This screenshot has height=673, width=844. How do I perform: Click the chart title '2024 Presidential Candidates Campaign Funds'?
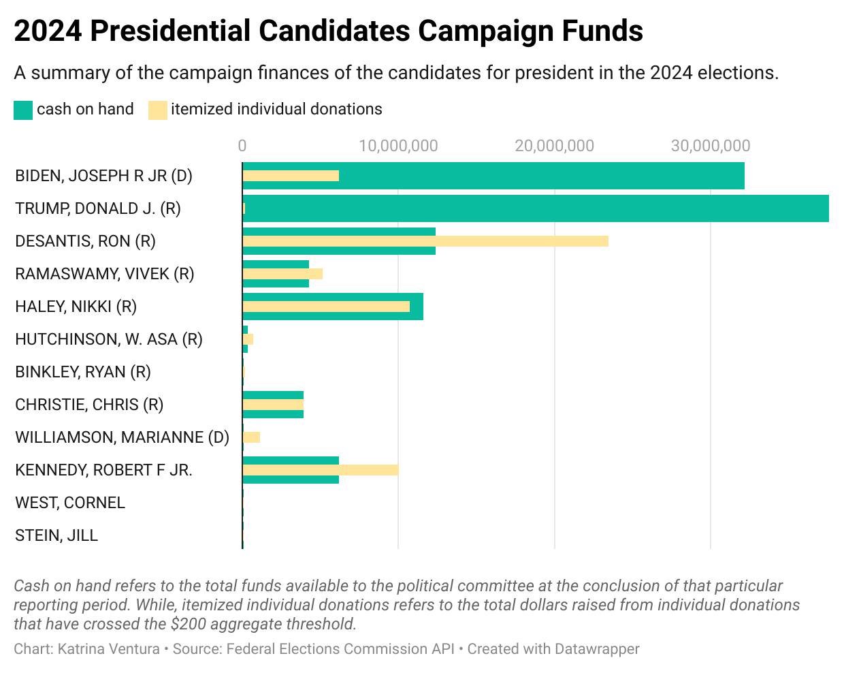[x=328, y=31]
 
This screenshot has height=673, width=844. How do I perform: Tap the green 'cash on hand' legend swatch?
[x=22, y=110]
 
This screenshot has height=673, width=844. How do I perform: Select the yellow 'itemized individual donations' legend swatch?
[x=157, y=110]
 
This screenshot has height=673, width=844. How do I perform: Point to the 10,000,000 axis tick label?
[x=398, y=146]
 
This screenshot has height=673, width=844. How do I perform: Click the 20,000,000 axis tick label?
[x=554, y=146]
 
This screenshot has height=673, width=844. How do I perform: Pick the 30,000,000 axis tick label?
[x=710, y=146]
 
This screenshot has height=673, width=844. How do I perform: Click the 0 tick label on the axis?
[x=242, y=146]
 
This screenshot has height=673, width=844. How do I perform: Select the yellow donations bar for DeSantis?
[x=425, y=241]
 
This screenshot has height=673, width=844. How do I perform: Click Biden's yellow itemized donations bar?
[x=291, y=176]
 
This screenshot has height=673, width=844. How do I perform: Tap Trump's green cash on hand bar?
[x=535, y=208]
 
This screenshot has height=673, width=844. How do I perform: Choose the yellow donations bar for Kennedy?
[x=320, y=470]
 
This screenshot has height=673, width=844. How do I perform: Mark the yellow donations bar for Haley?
[x=326, y=307]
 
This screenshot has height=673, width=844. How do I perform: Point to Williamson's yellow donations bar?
[x=251, y=437]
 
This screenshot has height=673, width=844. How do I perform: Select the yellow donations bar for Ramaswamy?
[x=282, y=274]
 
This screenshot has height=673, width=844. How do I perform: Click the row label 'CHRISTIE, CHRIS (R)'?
[x=89, y=405]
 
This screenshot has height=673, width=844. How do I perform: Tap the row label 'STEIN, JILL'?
[x=56, y=535]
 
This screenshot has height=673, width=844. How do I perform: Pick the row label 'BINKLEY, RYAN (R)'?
[x=83, y=372]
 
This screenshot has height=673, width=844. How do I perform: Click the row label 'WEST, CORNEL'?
[x=70, y=503]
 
